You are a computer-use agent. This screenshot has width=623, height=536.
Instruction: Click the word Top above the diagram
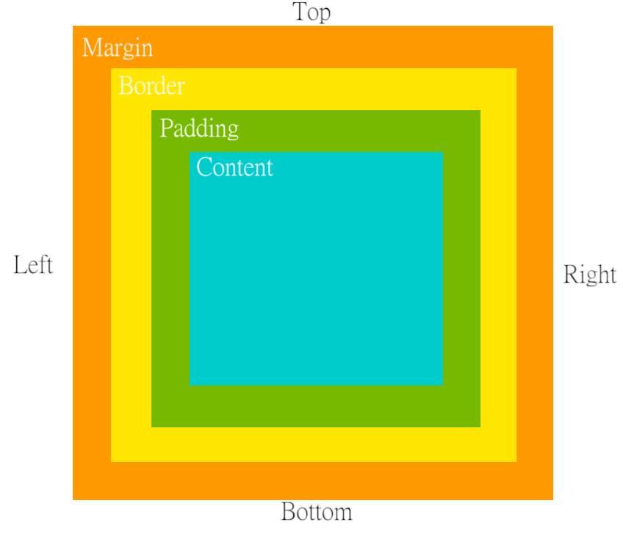(x=311, y=12)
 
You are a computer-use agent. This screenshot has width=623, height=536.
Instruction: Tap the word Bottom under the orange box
(x=317, y=512)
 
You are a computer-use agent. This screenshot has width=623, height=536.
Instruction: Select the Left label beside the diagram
(x=33, y=264)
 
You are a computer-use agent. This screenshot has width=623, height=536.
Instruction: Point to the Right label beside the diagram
(x=589, y=275)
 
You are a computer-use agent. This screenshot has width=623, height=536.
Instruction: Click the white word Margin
(x=118, y=48)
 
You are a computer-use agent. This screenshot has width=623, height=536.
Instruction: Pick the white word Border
(x=151, y=87)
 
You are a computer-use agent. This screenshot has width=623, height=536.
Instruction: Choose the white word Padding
(x=199, y=128)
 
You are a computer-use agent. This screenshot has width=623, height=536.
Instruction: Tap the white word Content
(x=234, y=167)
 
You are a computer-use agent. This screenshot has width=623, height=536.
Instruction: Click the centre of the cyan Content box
(x=316, y=269)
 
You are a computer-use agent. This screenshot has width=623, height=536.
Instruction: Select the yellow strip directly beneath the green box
(x=314, y=444)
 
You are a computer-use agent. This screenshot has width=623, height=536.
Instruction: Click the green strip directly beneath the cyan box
(x=316, y=406)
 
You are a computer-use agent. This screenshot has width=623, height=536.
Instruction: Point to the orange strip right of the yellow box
(x=535, y=264)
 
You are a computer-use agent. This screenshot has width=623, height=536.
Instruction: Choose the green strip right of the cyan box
(x=461, y=269)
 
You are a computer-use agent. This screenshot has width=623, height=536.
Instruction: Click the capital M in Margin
(x=92, y=48)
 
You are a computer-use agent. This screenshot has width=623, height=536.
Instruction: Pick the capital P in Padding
(x=166, y=128)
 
